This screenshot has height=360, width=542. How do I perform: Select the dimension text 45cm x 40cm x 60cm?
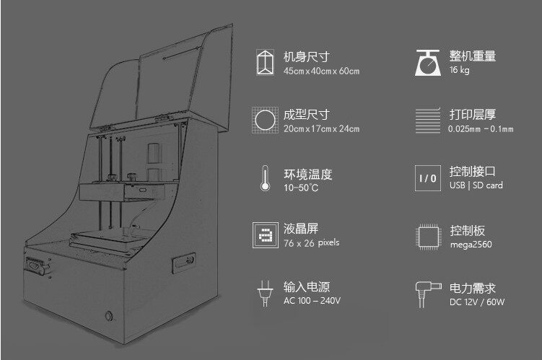321,71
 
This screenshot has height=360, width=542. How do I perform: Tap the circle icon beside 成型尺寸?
265,120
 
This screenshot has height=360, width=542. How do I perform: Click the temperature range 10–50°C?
301,188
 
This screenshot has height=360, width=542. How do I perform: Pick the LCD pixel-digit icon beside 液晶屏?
265,234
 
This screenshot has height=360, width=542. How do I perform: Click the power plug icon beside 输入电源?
265,291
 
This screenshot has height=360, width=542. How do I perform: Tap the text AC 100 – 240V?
312,300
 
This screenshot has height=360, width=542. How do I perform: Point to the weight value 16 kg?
460,70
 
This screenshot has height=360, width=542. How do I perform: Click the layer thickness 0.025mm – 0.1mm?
481,129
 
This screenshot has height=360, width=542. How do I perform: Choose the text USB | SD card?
476,185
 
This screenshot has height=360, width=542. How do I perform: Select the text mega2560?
468,244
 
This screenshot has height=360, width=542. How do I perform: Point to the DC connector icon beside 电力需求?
428,291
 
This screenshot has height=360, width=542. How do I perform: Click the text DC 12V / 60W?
476,302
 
